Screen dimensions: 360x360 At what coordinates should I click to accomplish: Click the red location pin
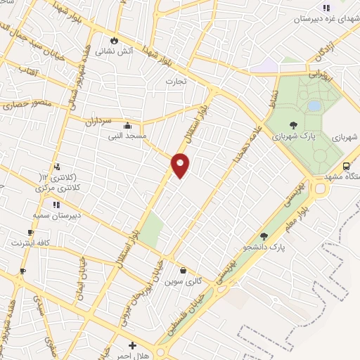tap(181, 165)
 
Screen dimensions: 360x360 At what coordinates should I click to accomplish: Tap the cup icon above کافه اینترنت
tap(30, 233)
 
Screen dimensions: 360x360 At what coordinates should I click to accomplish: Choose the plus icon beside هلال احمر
tap(132, 346)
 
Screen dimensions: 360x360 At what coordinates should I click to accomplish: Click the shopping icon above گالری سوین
tap(183, 270)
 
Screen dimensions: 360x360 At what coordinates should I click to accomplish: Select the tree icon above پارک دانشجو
tap(264, 237)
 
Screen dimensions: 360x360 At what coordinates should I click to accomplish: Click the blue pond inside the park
tap(314, 106)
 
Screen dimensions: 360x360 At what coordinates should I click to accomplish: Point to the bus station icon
tap(346, 166)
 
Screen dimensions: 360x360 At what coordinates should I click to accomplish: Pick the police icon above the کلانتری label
tap(57, 167)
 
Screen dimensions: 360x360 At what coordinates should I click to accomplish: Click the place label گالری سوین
tap(183, 281)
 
